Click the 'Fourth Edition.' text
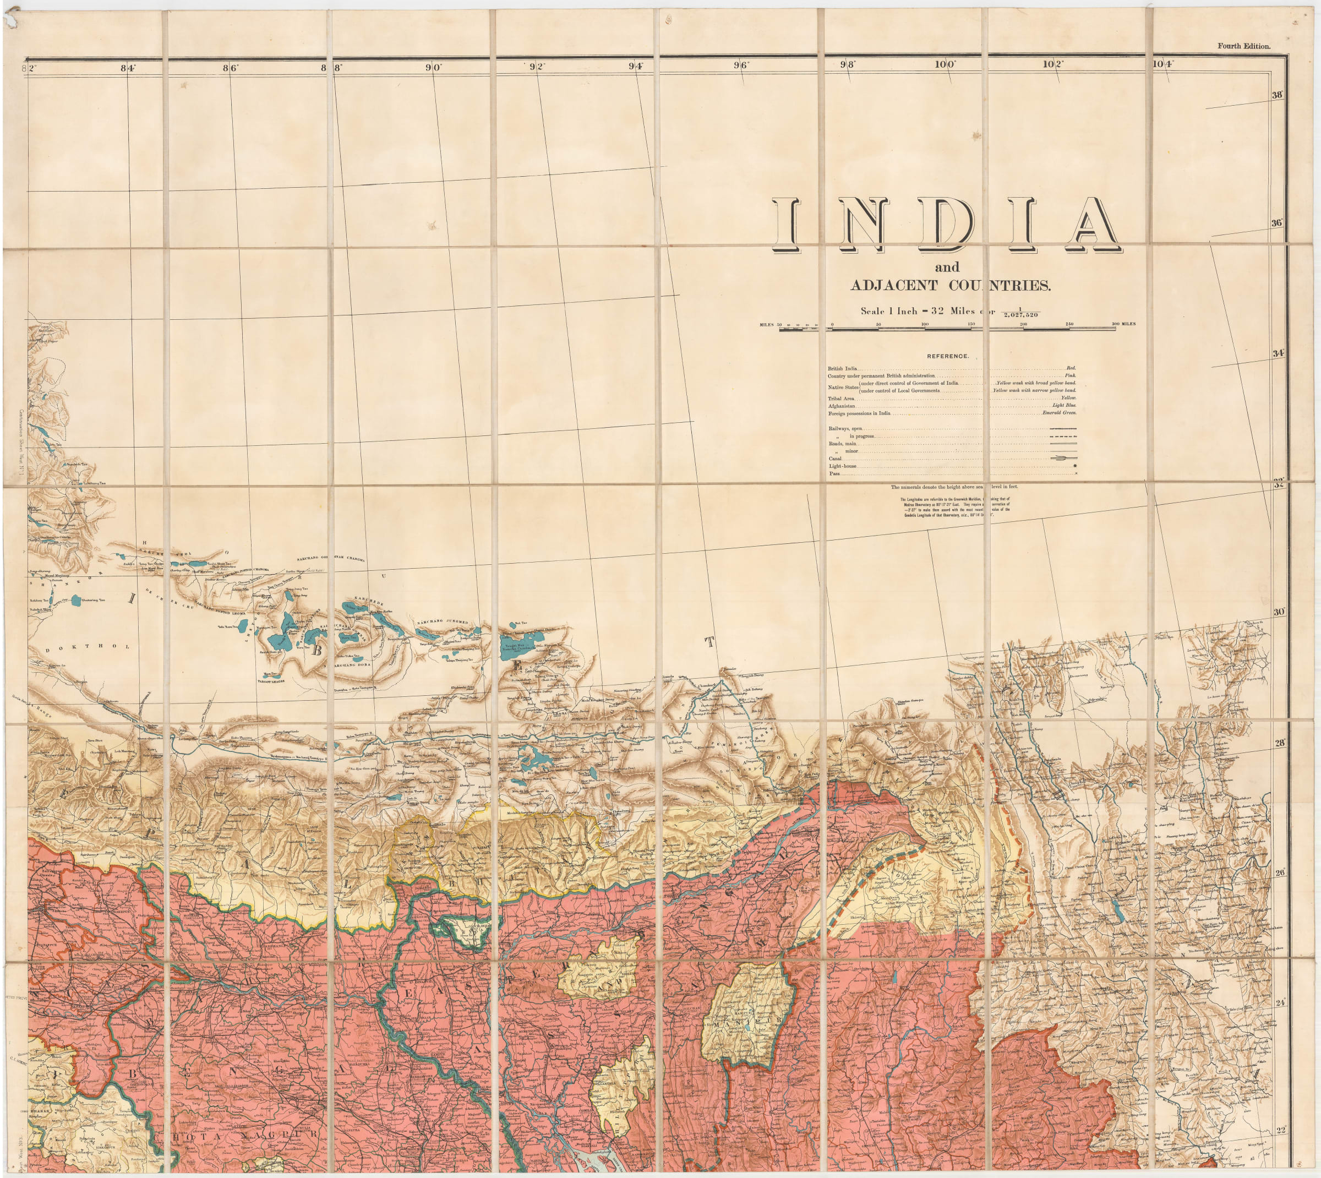tap(1243, 46)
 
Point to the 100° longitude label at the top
tap(945, 64)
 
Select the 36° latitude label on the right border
tap(1276, 222)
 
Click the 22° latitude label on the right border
tap(1280, 1130)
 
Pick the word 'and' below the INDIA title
tap(947, 266)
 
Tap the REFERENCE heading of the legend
tap(948, 356)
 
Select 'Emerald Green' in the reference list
tap(1059, 413)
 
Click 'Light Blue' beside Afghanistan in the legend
tap(1064, 405)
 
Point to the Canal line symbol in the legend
tap(1064, 458)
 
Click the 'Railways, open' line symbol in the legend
tap(1063, 428)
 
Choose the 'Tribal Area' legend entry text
tap(840, 399)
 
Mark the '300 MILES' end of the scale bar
tap(1123, 324)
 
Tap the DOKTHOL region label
tap(88, 647)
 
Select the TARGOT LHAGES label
tap(271, 681)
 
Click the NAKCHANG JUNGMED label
tap(442, 622)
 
